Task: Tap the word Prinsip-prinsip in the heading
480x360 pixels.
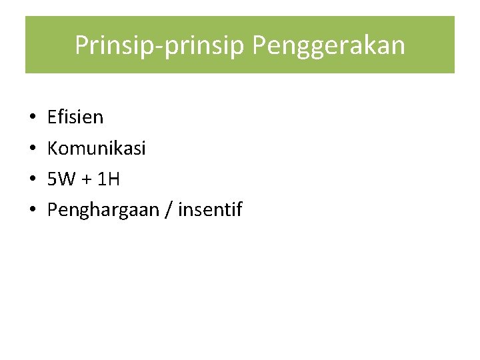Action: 160,46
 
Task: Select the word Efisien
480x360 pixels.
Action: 75,117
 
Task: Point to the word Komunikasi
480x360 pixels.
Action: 96,148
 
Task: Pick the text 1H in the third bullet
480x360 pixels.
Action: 109,179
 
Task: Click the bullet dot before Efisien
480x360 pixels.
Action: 33,118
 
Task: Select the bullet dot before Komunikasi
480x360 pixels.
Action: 33,149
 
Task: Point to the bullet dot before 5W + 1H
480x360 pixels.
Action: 33,180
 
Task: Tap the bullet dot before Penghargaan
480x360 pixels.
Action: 33,211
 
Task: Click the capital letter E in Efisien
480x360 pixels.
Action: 52,117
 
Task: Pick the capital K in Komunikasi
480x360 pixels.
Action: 53,148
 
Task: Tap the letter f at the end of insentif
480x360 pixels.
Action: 239,210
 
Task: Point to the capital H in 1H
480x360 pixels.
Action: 114,179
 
